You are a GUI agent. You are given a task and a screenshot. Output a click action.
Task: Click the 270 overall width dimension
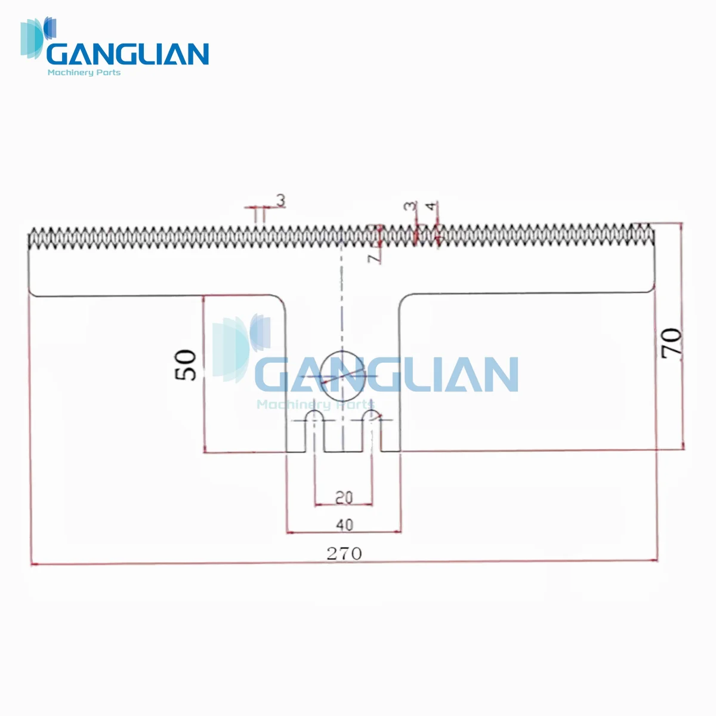pyautogui.click(x=344, y=553)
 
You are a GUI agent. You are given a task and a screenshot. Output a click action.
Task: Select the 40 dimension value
pyautogui.click(x=344, y=524)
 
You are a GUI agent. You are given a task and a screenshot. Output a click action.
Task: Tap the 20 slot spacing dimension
pyautogui.click(x=344, y=497)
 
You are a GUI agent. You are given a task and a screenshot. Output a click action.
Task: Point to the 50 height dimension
pyautogui.click(x=186, y=365)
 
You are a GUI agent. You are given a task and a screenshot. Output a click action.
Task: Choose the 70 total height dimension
pyautogui.click(x=671, y=342)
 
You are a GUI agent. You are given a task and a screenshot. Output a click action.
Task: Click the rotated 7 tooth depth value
pyautogui.click(x=374, y=257)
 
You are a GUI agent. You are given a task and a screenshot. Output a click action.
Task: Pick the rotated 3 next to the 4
pyautogui.click(x=409, y=206)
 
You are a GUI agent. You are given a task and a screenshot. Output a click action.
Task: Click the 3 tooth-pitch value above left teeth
pyautogui.click(x=280, y=201)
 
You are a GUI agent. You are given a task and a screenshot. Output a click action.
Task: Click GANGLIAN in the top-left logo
pyautogui.click(x=128, y=54)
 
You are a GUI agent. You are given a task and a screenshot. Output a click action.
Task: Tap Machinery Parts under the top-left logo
pyautogui.click(x=84, y=73)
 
